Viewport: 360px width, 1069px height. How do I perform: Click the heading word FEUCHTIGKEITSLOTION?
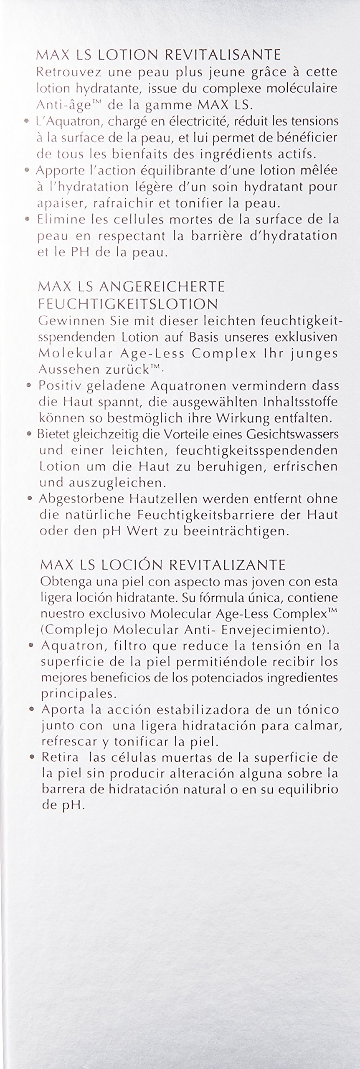(128, 304)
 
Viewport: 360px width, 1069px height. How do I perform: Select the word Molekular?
(67, 353)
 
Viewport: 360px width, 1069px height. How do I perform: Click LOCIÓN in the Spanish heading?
(129, 565)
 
